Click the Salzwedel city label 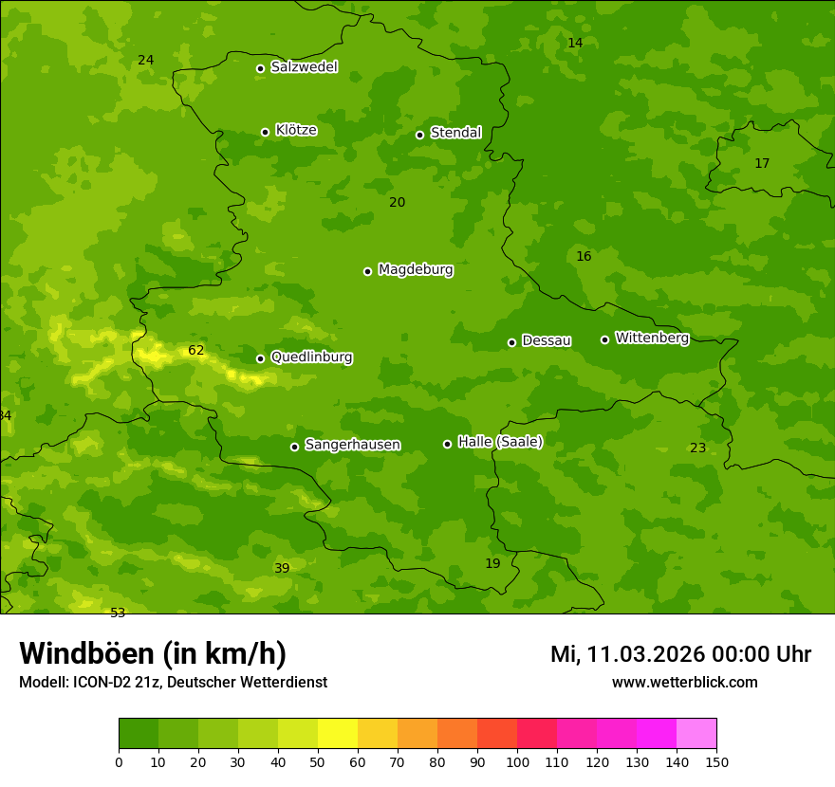(304, 67)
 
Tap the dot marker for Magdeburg (367, 271)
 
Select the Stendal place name (455, 133)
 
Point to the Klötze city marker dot (265, 132)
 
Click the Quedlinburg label (311, 357)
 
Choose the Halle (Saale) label (500, 442)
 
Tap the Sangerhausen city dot (294, 447)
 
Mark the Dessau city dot (511, 342)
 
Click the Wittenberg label (652, 338)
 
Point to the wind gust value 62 (195, 350)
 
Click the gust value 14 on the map (575, 43)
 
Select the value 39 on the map (282, 568)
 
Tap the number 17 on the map (762, 163)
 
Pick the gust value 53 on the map (118, 613)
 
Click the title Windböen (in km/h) (153, 653)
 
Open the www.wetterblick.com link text (684, 682)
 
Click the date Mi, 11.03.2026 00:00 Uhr (680, 654)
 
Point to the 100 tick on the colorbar (517, 761)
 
